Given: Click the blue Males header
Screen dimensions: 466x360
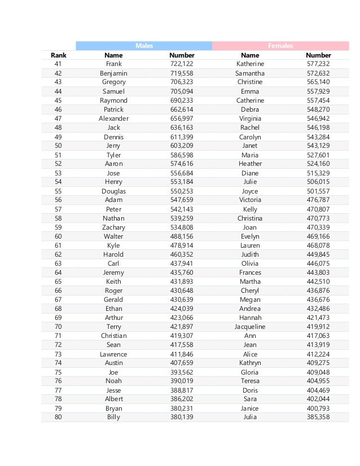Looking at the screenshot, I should point(144,46).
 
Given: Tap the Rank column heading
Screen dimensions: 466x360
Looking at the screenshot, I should point(58,55).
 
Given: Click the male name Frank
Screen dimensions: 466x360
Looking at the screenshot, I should point(113,64).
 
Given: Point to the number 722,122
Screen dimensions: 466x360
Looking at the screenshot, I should point(182,64).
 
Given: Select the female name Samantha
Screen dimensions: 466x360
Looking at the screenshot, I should point(250,73).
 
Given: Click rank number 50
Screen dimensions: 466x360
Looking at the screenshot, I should point(58,146).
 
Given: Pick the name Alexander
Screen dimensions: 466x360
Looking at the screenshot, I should point(113,118).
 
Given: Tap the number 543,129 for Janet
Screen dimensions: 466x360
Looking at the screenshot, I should point(318,146).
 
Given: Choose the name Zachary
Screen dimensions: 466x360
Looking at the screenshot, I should point(113,227).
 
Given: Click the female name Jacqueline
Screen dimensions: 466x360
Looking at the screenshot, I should point(250,327).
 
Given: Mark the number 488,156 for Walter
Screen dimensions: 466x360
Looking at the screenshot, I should point(182,236).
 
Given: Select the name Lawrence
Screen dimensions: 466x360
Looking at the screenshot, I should point(113,354).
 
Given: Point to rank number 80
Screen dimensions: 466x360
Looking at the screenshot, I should point(58,417).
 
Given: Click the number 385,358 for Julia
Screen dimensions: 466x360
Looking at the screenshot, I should point(318,417).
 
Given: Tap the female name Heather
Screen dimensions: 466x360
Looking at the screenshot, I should point(250,164).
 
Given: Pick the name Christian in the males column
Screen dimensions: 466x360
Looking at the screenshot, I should point(113,336).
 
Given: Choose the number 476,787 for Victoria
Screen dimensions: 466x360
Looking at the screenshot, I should point(318,200).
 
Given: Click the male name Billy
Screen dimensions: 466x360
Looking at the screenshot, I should point(113,417).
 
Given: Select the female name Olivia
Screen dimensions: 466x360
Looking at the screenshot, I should point(250,263).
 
